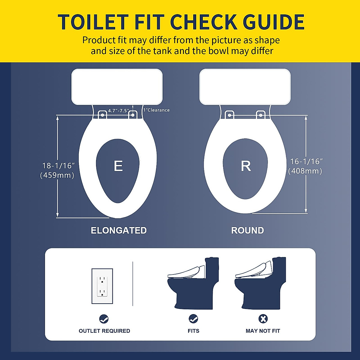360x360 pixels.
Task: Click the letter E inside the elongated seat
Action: pos(118,166)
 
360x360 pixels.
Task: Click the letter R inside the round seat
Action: pos(246,166)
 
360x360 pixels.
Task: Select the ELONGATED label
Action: pos(119,230)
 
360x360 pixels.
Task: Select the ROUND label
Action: pos(247,230)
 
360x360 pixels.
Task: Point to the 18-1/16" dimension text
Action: pos(58,166)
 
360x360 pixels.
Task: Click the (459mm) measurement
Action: pos(57,175)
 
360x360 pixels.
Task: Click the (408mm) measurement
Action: pos(305,171)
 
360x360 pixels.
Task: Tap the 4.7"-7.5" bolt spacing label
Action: pos(118,111)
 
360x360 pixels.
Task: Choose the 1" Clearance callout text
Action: pos(156,110)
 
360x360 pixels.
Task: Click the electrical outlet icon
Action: pos(102,286)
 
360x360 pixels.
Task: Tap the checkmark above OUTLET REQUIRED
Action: pos(104,319)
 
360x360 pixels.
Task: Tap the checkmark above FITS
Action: pos(193,319)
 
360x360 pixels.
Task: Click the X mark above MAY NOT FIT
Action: pos(263,319)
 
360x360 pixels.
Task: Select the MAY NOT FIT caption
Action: pos(263,331)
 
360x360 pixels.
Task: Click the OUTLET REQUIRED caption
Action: pos(104,331)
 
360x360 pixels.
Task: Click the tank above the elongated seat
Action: pos(117,87)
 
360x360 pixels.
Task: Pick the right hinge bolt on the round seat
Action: pos(260,115)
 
